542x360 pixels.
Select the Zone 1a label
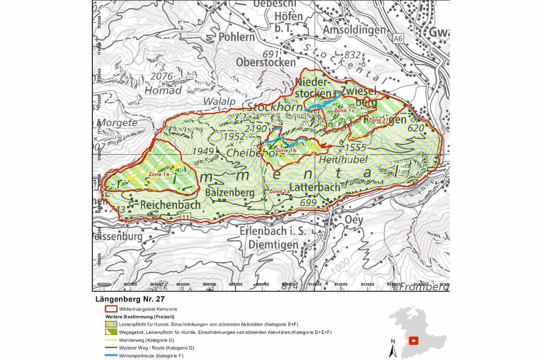click(x=279, y=191)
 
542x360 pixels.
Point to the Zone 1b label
click(x=286, y=151)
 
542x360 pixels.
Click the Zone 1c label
click(x=344, y=111)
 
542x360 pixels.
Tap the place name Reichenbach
click(x=171, y=205)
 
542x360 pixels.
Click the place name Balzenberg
click(x=230, y=192)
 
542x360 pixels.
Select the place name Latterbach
click(x=315, y=187)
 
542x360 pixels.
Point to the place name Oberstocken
click(x=266, y=62)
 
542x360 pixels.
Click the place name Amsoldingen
click(x=354, y=30)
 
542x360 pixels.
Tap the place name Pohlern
click(x=237, y=37)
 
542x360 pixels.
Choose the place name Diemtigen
click(x=273, y=245)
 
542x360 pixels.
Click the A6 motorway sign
click(x=398, y=39)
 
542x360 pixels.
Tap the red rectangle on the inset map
click(x=414, y=341)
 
